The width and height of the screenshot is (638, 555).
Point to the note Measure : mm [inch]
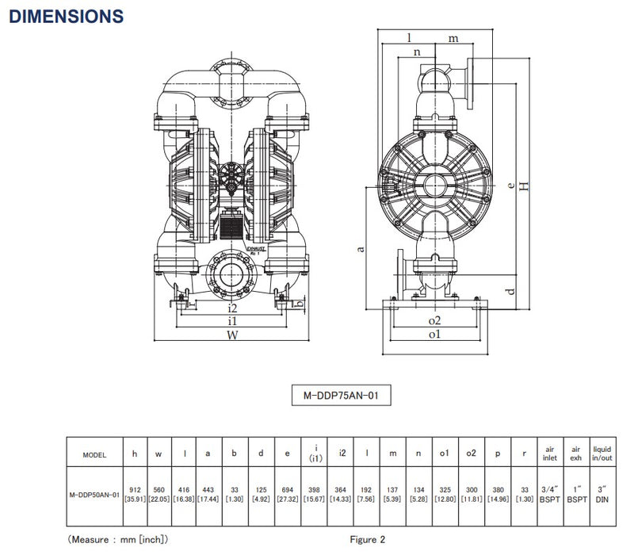(x=117, y=539)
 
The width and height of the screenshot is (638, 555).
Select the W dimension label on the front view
(x=231, y=335)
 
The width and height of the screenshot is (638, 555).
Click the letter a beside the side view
(x=362, y=249)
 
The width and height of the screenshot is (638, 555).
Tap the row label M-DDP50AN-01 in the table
(x=94, y=493)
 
